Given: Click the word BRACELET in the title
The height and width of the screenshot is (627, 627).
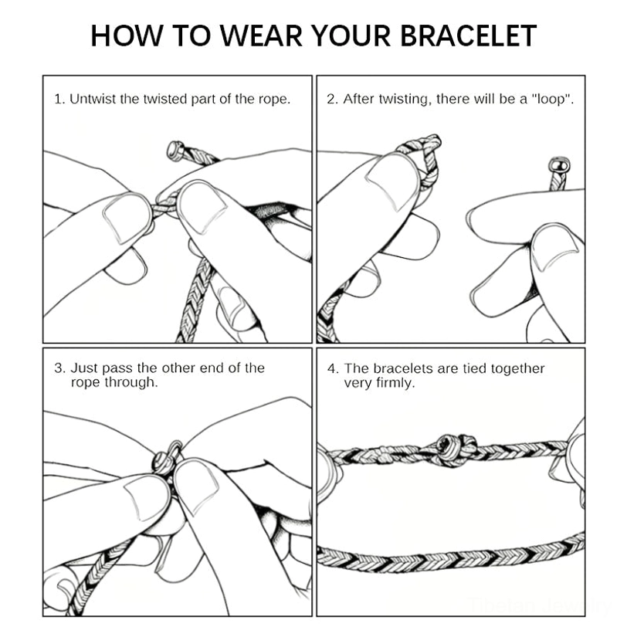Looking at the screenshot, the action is pyautogui.click(x=468, y=36).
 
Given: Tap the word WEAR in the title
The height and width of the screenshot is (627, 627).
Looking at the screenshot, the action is pyautogui.click(x=261, y=36).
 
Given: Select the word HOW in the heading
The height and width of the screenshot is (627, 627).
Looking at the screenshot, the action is pyautogui.click(x=127, y=36).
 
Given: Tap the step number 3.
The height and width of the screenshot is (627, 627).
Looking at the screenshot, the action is pyautogui.click(x=59, y=368).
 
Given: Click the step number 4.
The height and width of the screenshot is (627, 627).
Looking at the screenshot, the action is pyautogui.click(x=333, y=368).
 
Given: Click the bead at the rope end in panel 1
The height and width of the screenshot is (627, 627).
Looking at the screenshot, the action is pyautogui.click(x=175, y=151).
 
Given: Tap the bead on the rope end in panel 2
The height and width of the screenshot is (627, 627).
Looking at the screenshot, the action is pyautogui.click(x=560, y=165).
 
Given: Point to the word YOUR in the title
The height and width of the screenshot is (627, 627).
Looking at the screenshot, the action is pyautogui.click(x=351, y=36).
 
